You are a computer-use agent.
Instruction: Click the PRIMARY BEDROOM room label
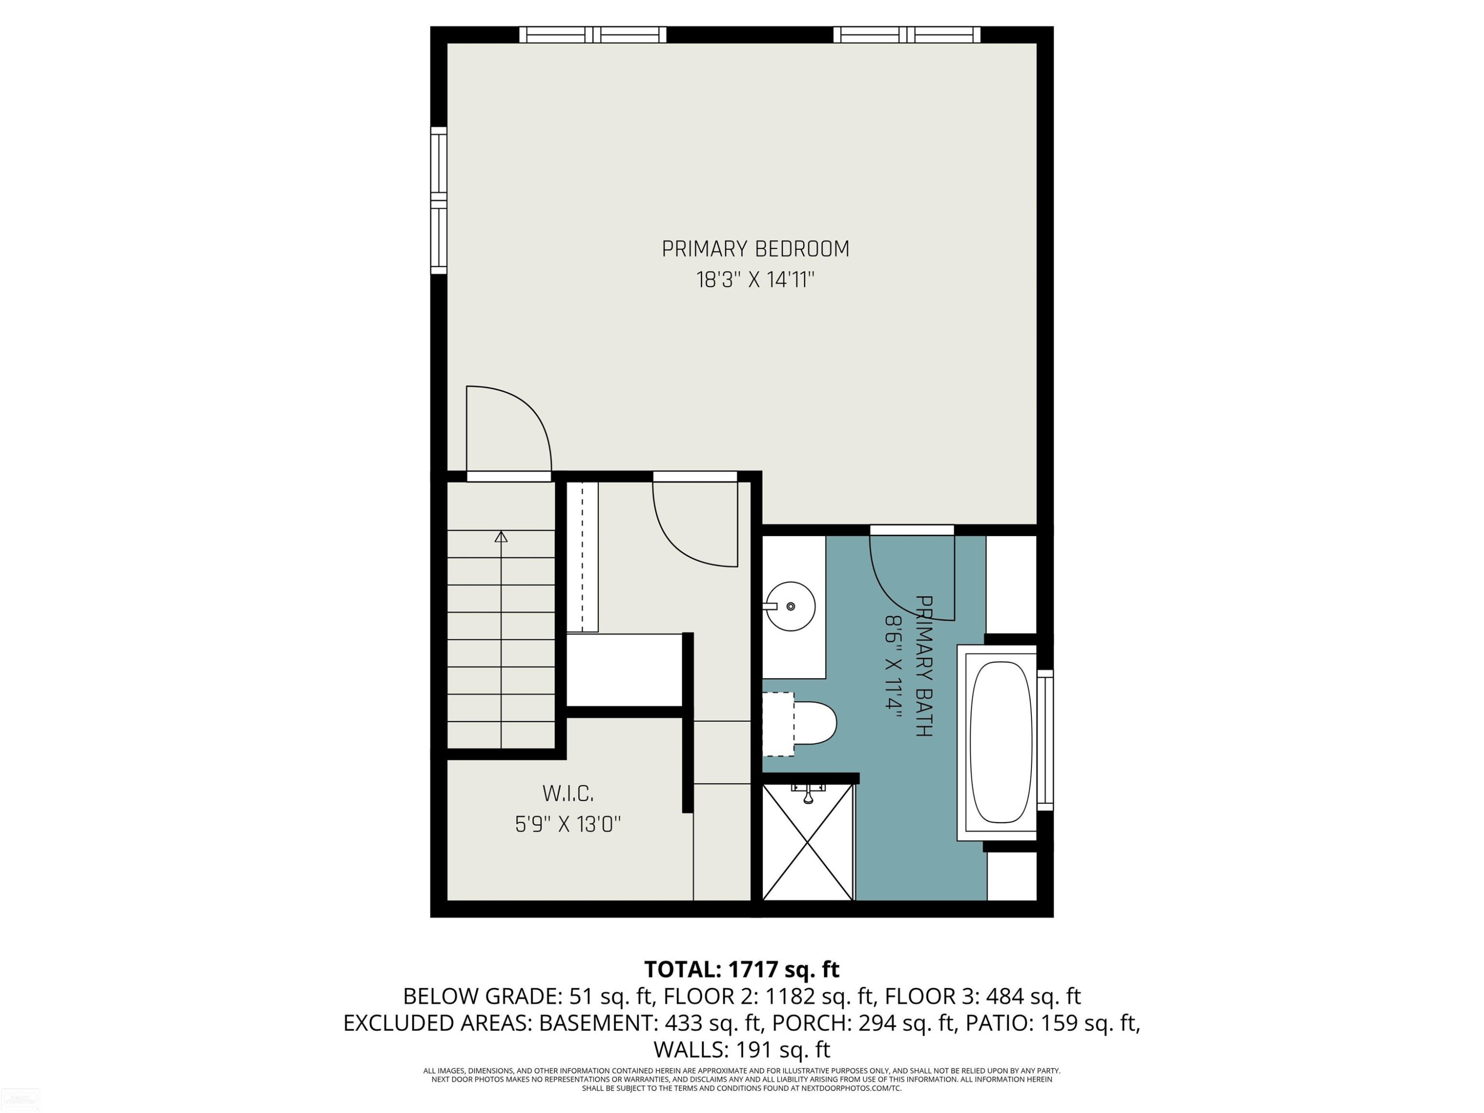[x=755, y=249]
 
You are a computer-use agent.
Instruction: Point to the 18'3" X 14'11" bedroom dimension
[x=755, y=279]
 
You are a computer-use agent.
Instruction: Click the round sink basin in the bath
[x=790, y=606]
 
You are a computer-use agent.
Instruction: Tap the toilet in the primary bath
[x=800, y=724]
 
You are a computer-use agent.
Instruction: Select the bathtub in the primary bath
[x=1001, y=742]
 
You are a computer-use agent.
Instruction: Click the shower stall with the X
[x=808, y=842]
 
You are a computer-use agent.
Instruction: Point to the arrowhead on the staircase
[x=501, y=537]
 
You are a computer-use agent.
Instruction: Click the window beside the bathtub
[x=1045, y=740]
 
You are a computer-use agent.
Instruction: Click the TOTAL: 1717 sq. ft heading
[x=742, y=970]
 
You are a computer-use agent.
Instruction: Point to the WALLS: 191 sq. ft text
[x=742, y=1049]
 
